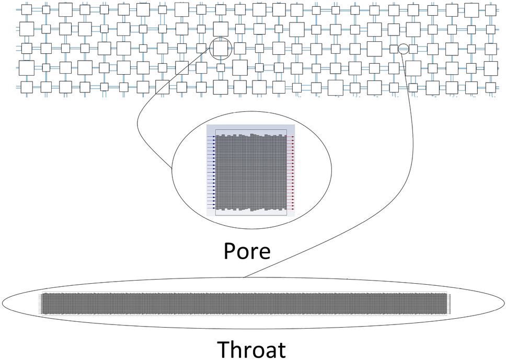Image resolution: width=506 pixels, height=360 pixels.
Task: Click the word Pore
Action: tap(247, 251)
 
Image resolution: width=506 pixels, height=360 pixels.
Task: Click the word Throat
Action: tap(251, 349)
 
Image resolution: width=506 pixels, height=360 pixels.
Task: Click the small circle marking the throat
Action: tap(403, 49)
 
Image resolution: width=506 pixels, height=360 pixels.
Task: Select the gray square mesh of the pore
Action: tap(251, 172)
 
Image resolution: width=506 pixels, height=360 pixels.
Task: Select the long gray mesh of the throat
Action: tap(244, 303)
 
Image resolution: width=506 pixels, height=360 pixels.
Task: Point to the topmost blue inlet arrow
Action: tap(211, 136)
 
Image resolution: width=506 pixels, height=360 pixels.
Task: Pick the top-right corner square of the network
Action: tap(491, 10)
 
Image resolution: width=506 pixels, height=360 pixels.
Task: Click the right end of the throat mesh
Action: tap(445, 303)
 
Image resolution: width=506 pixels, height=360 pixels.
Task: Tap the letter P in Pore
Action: tap(230, 251)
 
